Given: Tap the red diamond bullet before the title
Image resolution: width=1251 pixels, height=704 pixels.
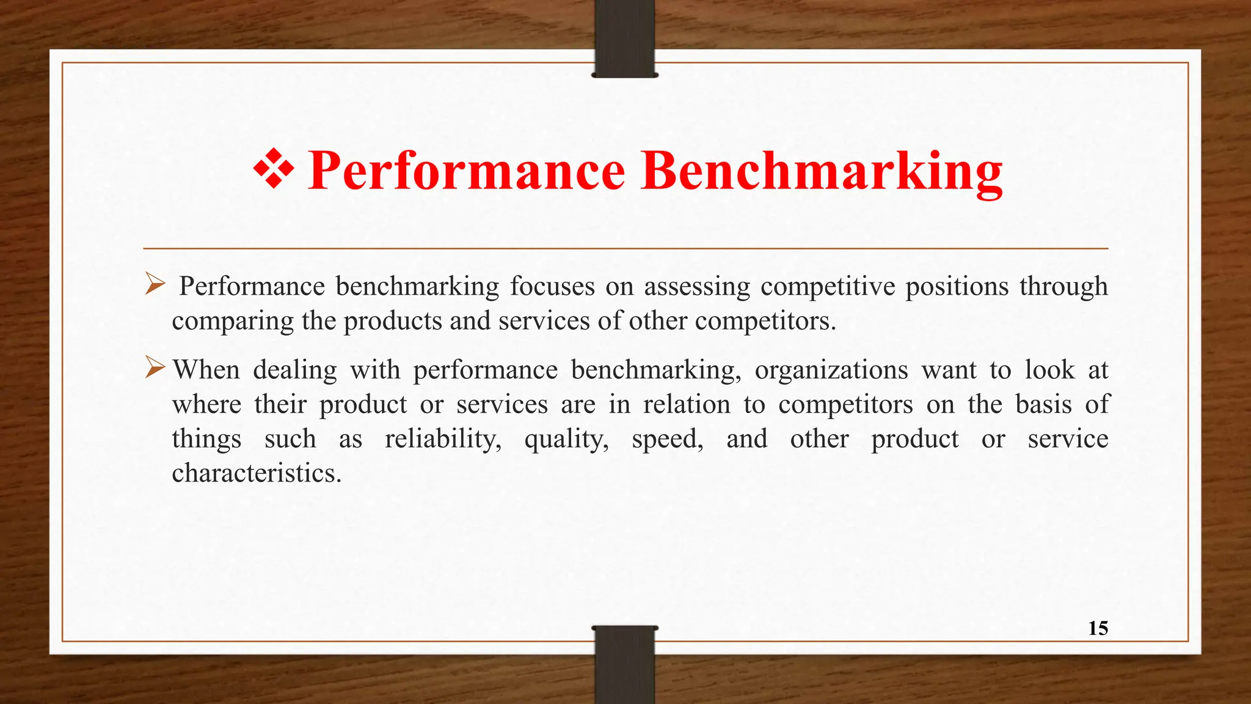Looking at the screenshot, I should pos(273,169).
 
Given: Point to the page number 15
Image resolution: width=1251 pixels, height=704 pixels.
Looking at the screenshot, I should pos(1098,628).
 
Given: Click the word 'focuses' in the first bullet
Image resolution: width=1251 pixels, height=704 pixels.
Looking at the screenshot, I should pos(552,286).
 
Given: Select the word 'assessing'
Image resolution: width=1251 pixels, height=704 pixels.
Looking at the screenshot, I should pos(697,287).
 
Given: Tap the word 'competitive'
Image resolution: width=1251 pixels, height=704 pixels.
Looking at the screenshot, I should pos(828,287).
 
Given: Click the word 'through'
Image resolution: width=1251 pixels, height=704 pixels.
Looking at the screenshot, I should pos(1063,287).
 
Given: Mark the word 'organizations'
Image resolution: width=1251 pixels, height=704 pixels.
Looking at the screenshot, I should pos(831,370).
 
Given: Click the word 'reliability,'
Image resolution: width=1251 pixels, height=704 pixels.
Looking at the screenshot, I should pos(443,439).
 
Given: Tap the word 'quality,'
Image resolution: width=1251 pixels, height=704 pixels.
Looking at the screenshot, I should pos(566,439).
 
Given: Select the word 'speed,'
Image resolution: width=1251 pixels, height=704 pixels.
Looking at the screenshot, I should pos(667,439).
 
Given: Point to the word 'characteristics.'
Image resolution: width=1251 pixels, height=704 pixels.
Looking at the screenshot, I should pos(257,473).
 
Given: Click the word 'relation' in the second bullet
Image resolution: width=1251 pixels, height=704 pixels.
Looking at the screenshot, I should pos(687,405).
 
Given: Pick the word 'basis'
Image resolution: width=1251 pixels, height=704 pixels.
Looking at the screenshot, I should pos(1043,405).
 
